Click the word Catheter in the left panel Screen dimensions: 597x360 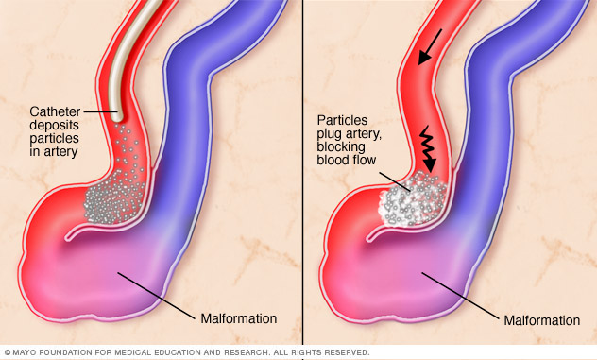pos(54,111)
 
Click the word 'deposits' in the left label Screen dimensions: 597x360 pos(54,125)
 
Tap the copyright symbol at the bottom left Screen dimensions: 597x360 pos(8,352)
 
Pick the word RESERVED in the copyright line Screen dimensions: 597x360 pos(344,352)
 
